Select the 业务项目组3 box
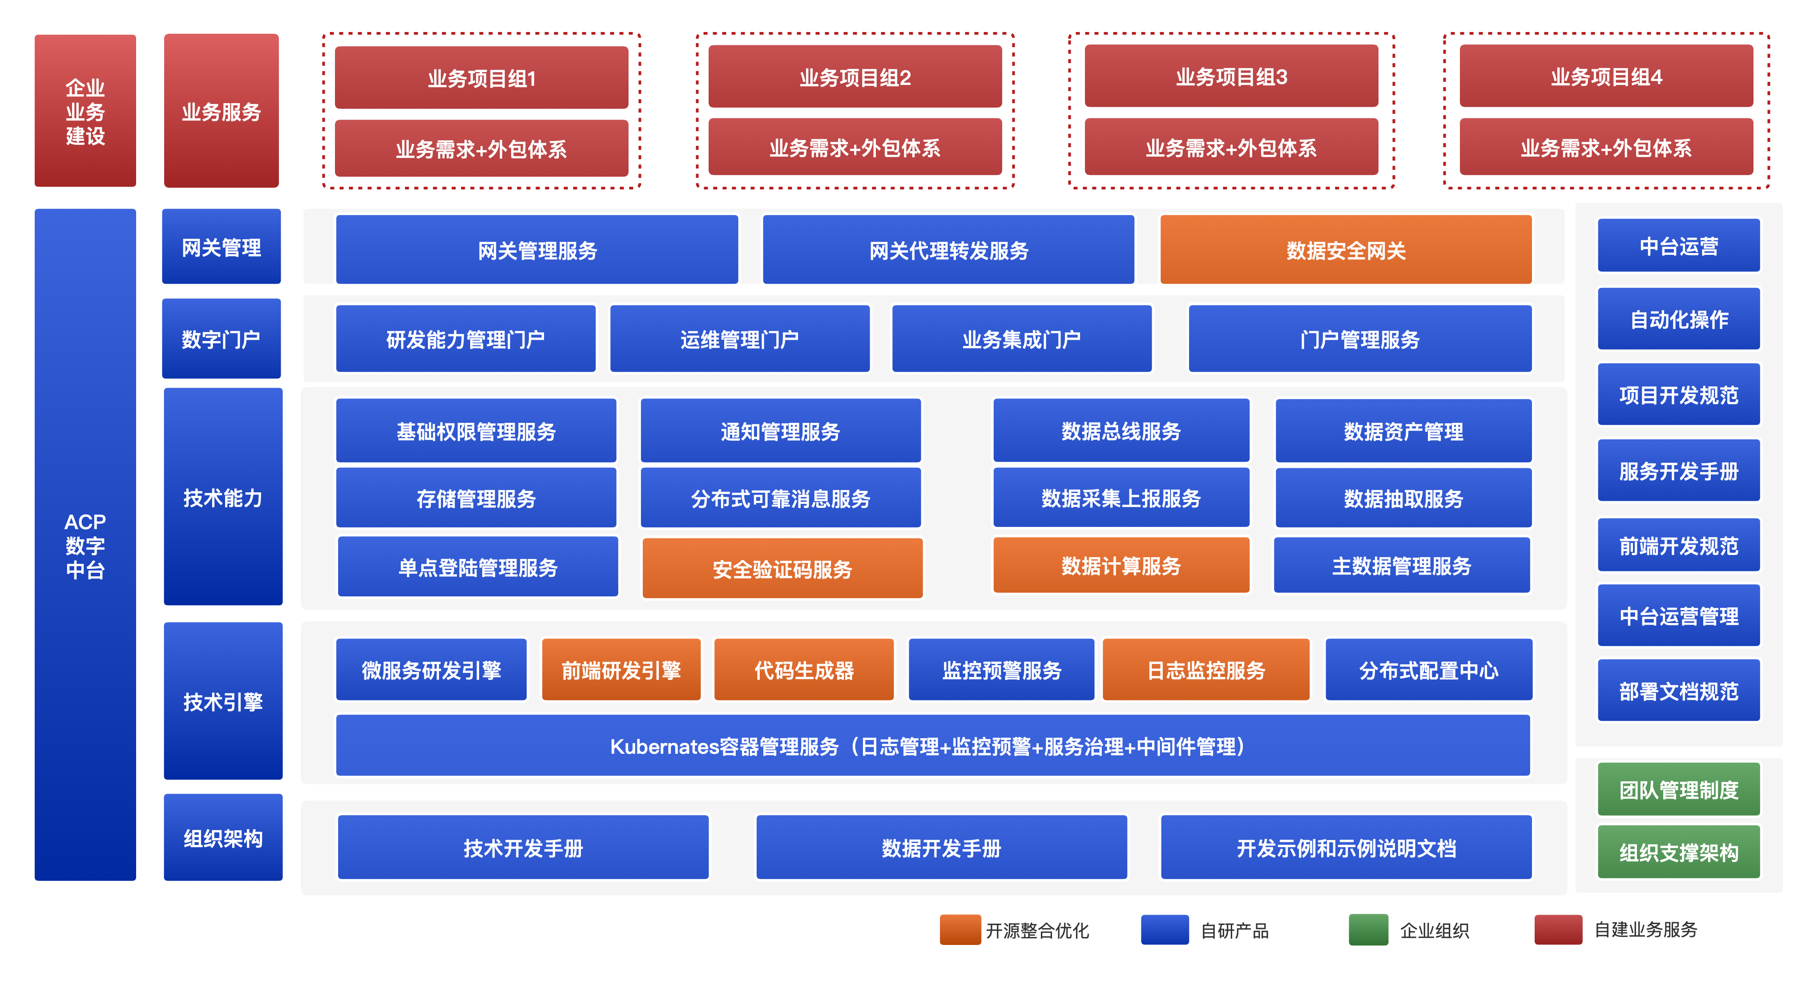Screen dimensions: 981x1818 coord(1231,76)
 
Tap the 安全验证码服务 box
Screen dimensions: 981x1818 coord(782,568)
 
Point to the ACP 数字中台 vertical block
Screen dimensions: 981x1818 coord(85,545)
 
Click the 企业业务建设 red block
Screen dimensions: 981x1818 coord(85,111)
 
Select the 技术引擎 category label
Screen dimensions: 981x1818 coord(223,701)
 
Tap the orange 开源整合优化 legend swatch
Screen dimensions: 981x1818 coord(960,929)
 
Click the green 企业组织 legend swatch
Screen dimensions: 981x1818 coord(1368,929)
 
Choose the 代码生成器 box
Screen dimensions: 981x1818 coord(804,670)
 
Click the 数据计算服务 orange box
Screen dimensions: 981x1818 coord(1121,565)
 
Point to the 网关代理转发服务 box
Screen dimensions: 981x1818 coord(948,250)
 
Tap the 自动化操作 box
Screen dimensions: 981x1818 coord(1678,319)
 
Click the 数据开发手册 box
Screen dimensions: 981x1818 coord(941,848)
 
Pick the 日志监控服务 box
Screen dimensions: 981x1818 coord(1205,670)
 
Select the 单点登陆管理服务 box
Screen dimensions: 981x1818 coord(478,567)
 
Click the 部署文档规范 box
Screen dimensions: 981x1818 coord(1678,690)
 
